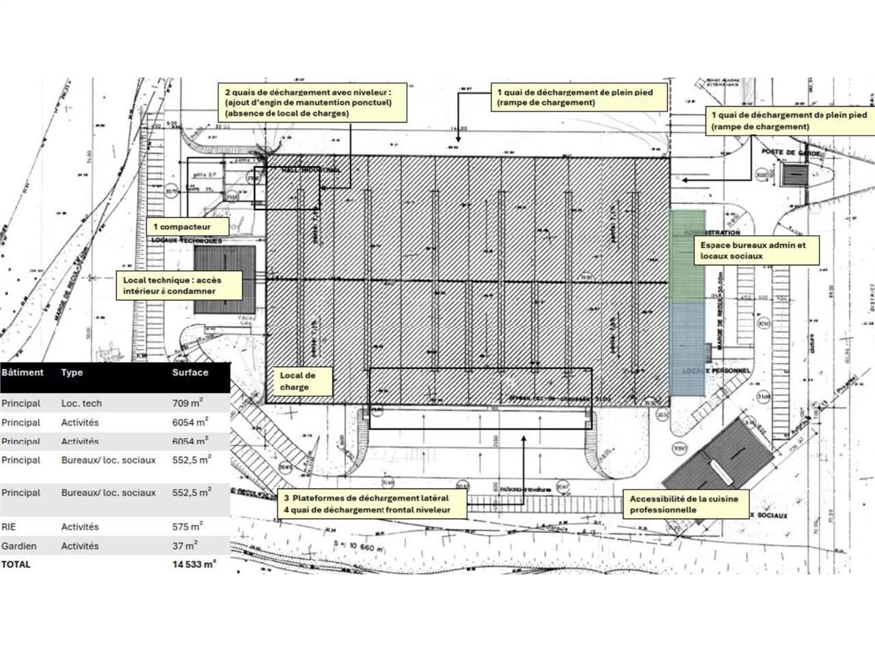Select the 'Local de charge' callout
[304, 381]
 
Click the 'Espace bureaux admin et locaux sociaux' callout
[756, 250]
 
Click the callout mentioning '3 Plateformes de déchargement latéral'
[372, 504]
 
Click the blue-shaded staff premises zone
[687, 349]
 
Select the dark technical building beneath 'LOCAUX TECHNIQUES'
[225, 279]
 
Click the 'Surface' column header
[190, 372]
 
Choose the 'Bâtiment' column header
[23, 372]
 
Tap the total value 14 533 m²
[194, 565]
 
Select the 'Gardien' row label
[19, 546]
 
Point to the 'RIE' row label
[9, 527]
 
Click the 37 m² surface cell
[185, 546]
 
